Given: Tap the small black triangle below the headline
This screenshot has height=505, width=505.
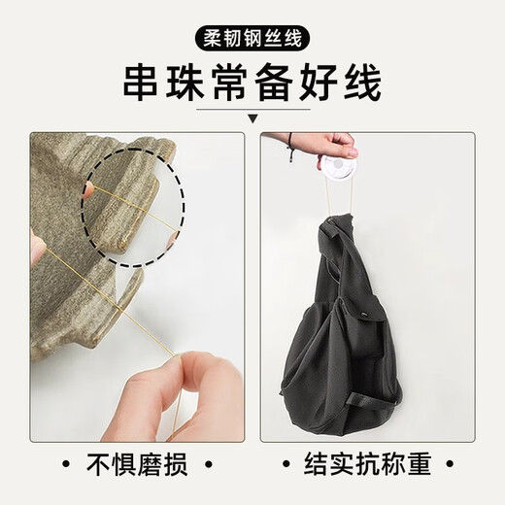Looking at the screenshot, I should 253,119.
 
